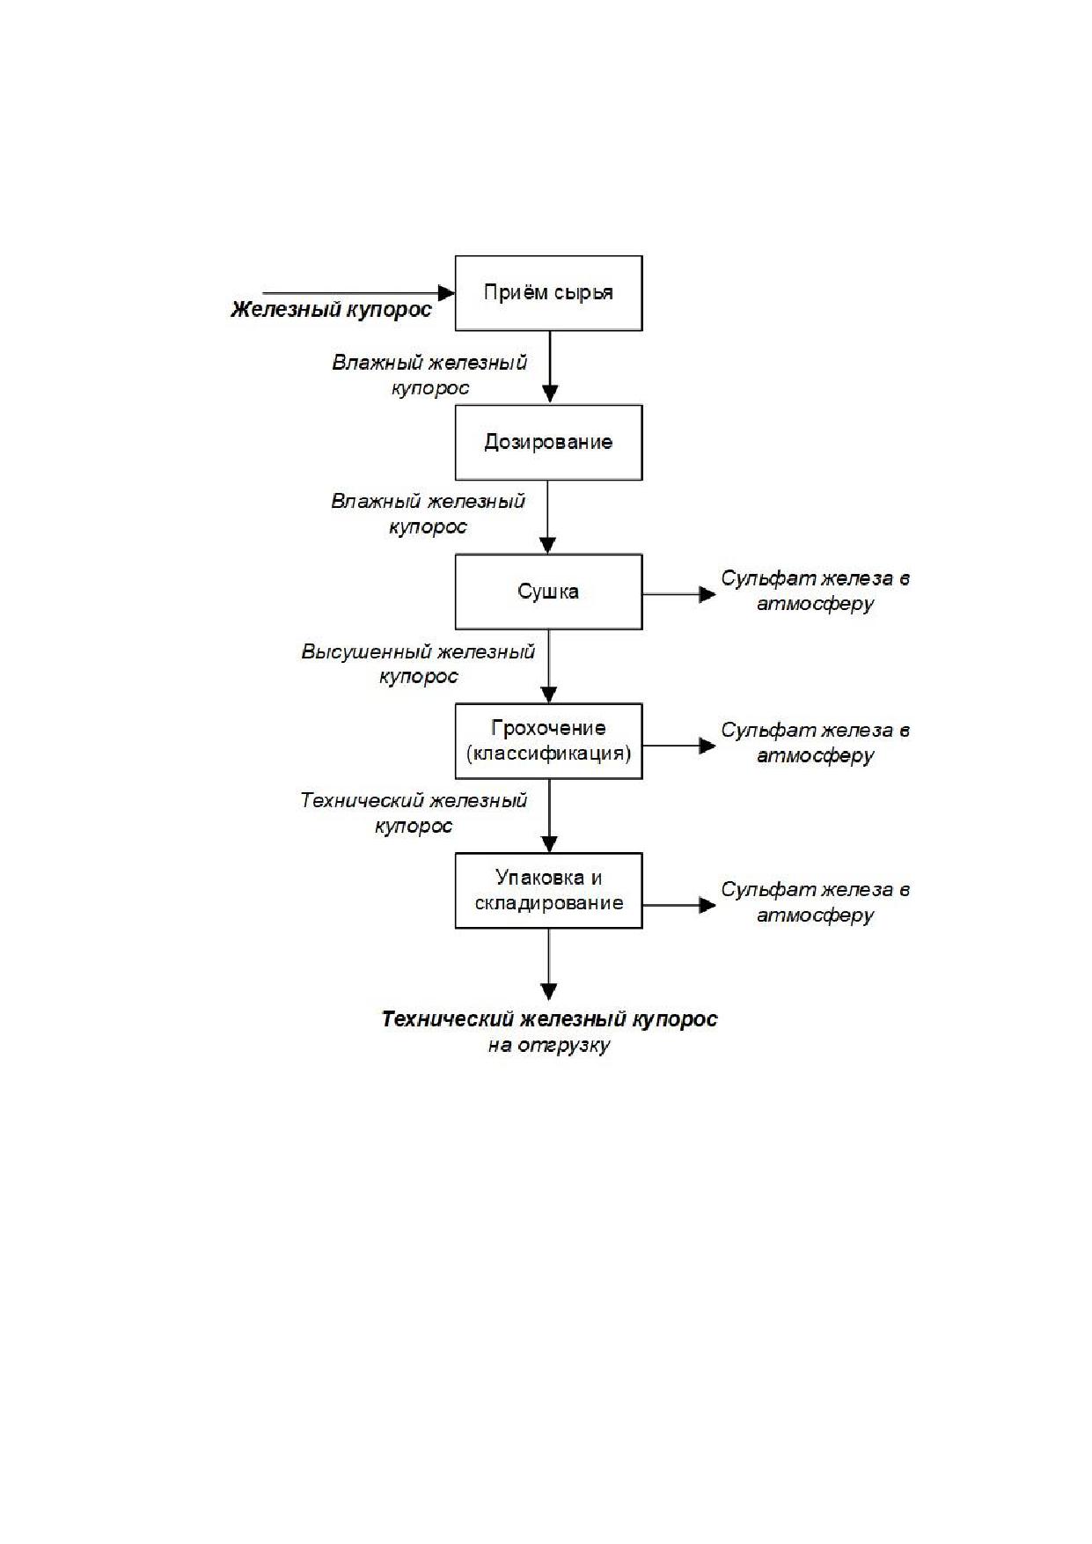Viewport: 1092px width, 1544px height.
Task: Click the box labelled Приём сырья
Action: pyautogui.click(x=548, y=293)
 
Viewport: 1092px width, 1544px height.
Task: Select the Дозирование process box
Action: pyautogui.click(x=548, y=442)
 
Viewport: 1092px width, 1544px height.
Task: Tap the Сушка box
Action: pyautogui.click(x=548, y=592)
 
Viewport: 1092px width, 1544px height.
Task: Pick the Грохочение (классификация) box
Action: pyautogui.click(x=548, y=741)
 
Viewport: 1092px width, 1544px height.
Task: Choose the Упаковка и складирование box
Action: pyautogui.click(x=548, y=890)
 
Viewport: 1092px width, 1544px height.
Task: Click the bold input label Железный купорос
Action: pyautogui.click(x=332, y=310)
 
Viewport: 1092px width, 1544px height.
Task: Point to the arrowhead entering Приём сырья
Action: pyautogui.click(x=446, y=292)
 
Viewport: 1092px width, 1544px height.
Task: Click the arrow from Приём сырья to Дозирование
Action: pyautogui.click(x=549, y=368)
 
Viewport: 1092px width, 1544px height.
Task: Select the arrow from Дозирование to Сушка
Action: pyautogui.click(x=549, y=517)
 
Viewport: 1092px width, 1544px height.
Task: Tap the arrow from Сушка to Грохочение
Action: pyautogui.click(x=549, y=666)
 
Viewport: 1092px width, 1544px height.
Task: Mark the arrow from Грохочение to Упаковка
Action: pyautogui.click(x=549, y=816)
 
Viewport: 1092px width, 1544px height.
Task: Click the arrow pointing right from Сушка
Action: pyautogui.click(x=679, y=594)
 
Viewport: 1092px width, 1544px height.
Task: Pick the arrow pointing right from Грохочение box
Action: pyautogui.click(x=679, y=746)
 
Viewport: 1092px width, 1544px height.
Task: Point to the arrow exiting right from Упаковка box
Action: pyautogui.click(x=679, y=904)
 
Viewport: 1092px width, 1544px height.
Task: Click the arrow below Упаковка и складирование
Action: pyautogui.click(x=549, y=964)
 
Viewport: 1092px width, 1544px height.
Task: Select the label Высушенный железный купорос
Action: pyautogui.click(x=419, y=665)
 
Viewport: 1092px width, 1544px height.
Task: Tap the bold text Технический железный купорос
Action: pyautogui.click(x=549, y=1019)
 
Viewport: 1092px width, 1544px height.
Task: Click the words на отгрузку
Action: pyautogui.click(x=549, y=1046)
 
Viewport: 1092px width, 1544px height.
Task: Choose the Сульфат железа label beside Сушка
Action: pyautogui.click(x=816, y=591)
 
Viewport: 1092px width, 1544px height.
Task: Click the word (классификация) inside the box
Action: pyautogui.click(x=549, y=754)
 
